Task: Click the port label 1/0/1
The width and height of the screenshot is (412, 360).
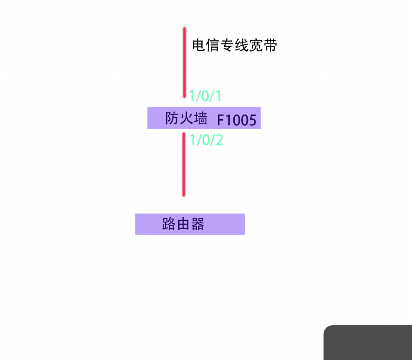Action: (x=206, y=95)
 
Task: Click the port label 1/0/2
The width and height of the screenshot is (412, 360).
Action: (x=206, y=140)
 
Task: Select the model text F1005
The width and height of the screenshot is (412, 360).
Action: (x=237, y=120)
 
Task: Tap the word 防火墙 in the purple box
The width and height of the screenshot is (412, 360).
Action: (x=186, y=118)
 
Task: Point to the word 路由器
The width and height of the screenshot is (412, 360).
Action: (x=183, y=224)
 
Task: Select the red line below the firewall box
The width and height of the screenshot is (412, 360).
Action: (x=184, y=164)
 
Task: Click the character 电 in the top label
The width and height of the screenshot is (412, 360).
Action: (x=199, y=45)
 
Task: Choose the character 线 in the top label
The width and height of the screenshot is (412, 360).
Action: (x=242, y=45)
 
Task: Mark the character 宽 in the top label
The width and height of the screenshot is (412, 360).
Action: (x=256, y=45)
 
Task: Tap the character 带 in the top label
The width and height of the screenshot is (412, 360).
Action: (x=270, y=45)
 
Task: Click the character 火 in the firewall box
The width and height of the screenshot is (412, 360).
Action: (x=186, y=118)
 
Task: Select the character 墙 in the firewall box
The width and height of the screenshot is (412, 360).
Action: (x=200, y=118)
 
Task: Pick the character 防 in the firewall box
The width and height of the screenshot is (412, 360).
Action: (x=172, y=118)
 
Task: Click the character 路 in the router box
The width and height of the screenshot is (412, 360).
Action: (x=169, y=224)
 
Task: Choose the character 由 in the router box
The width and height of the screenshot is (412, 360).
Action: (x=183, y=224)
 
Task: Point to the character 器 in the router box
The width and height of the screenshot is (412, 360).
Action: (x=197, y=224)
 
